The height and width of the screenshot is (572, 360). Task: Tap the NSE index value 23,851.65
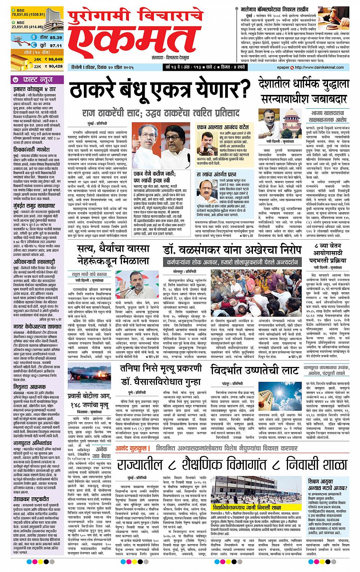click(x=20, y=27)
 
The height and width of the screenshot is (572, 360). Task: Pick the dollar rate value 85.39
click(x=55, y=38)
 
